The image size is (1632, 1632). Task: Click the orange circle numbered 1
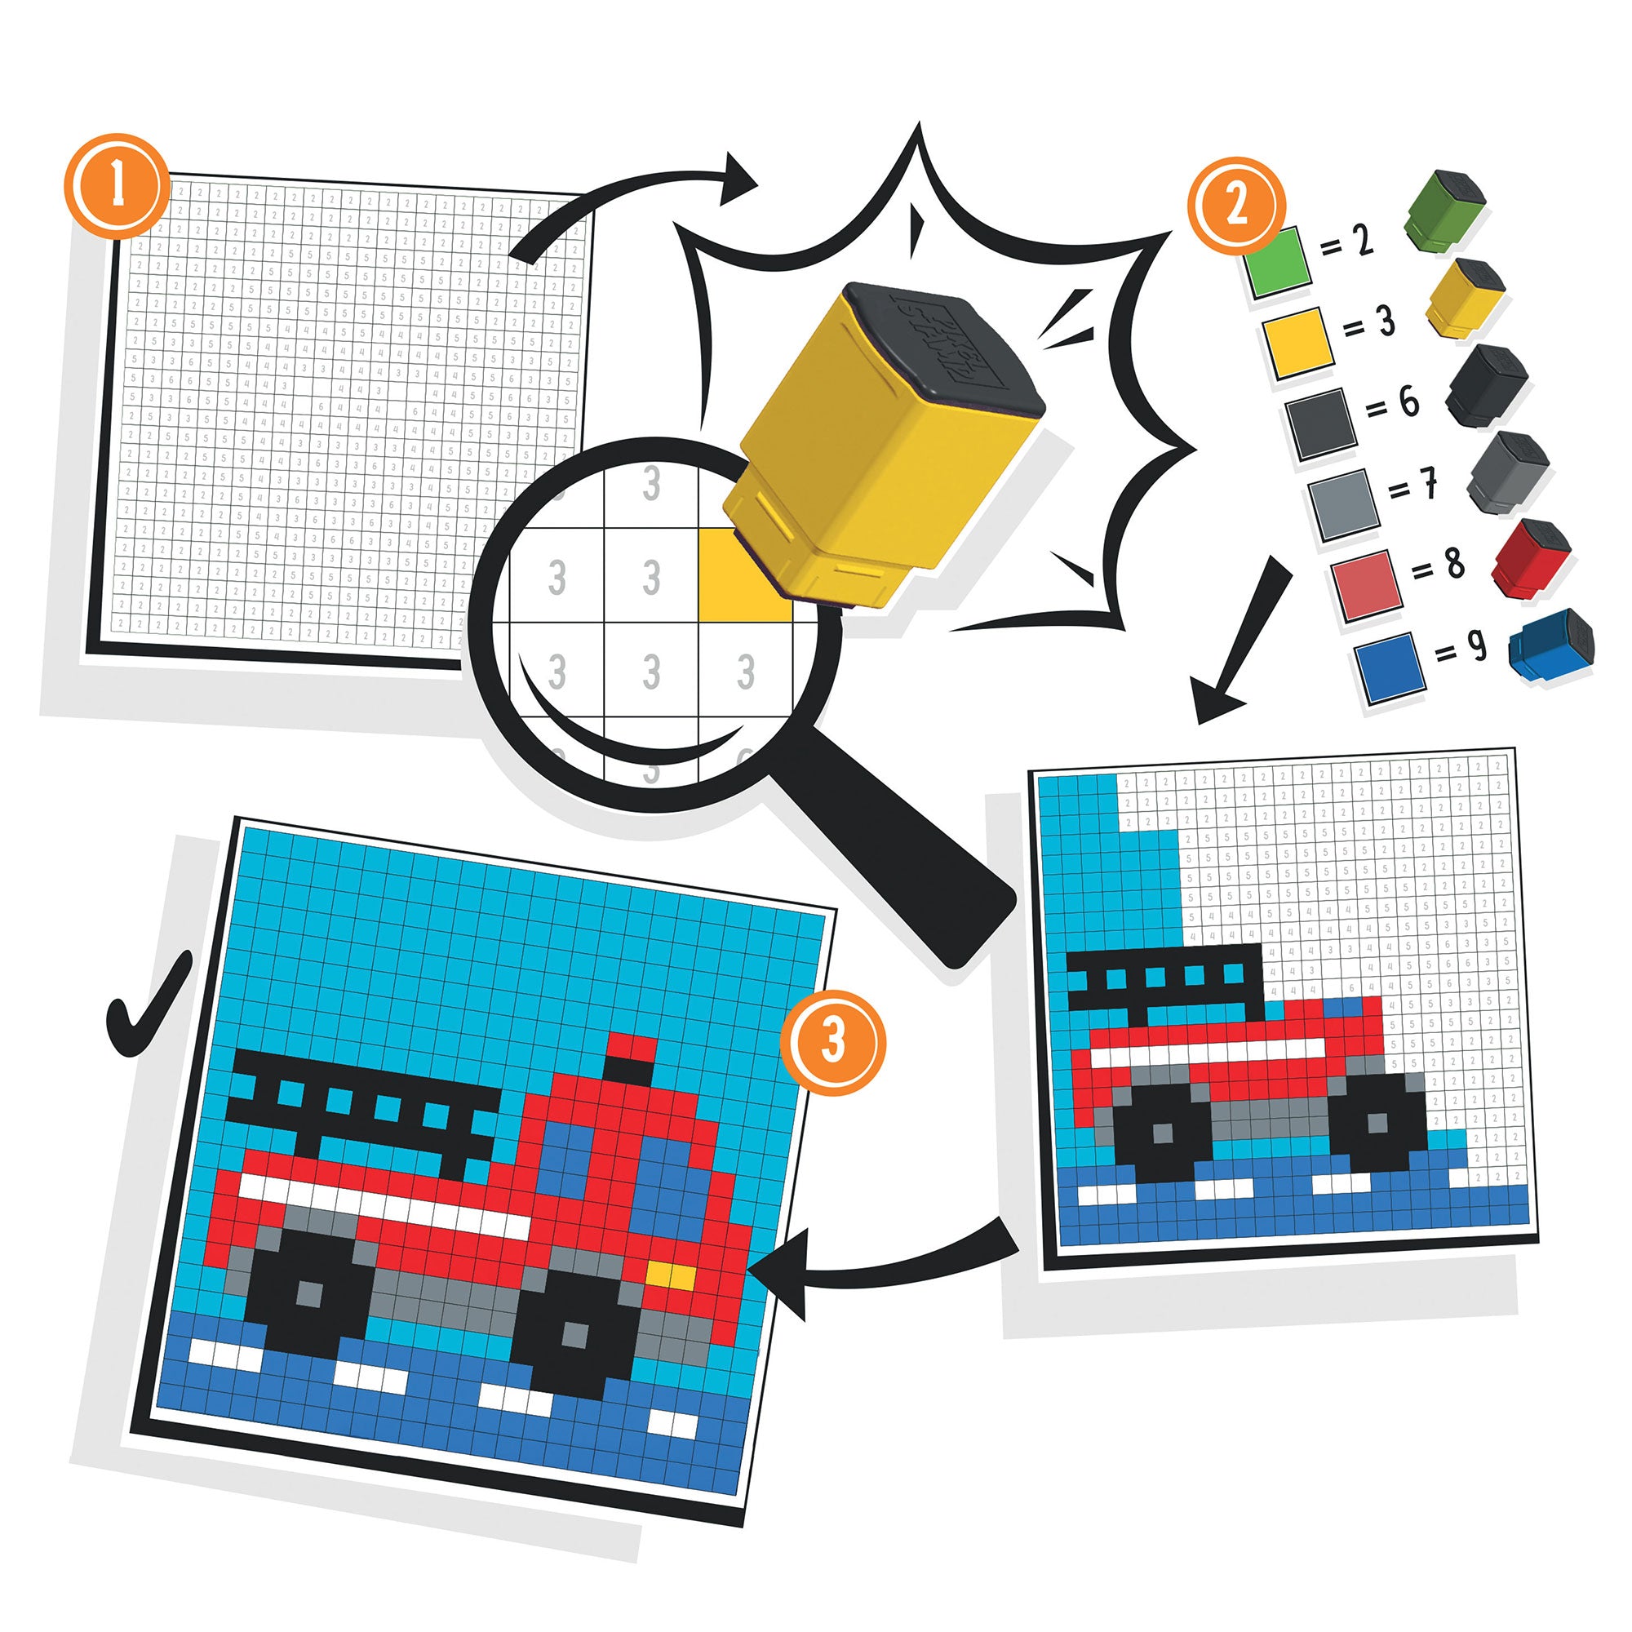117,185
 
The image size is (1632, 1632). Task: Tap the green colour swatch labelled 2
1276,262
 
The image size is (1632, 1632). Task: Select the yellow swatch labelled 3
1298,342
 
